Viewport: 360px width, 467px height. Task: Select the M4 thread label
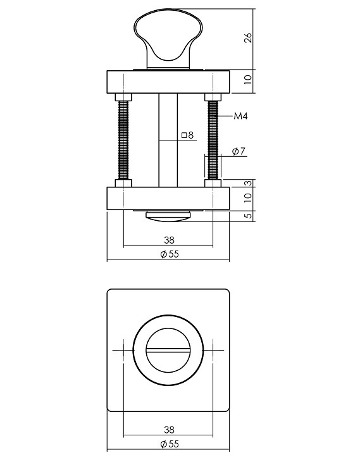click(x=240, y=116)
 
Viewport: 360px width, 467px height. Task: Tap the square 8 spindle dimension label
click(x=187, y=135)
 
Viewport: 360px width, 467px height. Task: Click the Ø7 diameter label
click(x=239, y=152)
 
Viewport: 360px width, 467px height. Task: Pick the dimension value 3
click(x=248, y=183)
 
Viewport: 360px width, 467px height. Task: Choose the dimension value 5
click(x=248, y=215)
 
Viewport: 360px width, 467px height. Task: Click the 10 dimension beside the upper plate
click(x=248, y=80)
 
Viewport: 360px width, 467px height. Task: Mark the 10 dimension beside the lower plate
click(x=248, y=197)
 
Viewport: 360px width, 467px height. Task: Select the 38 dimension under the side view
click(x=168, y=240)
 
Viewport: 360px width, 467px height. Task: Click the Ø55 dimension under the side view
click(x=168, y=254)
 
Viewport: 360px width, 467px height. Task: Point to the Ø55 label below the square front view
click(x=168, y=444)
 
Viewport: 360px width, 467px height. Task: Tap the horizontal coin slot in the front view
click(x=168, y=350)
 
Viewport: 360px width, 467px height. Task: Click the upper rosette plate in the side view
click(x=168, y=81)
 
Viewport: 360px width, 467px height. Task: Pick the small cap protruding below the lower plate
click(x=168, y=215)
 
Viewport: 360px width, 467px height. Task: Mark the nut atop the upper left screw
click(x=123, y=97)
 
